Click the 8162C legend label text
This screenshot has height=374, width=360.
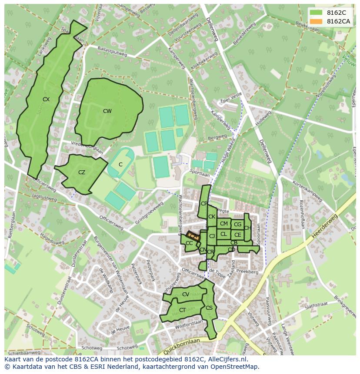(x=337, y=13)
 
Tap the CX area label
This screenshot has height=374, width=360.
(x=46, y=99)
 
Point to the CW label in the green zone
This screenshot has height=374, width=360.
(x=107, y=111)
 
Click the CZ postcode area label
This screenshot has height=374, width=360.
(x=82, y=172)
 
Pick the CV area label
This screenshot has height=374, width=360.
(x=186, y=295)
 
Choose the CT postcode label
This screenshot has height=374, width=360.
(x=183, y=310)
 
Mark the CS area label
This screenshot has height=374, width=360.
(x=209, y=308)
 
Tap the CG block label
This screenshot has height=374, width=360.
(x=237, y=225)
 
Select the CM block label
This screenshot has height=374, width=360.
(x=224, y=224)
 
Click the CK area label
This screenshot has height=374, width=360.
(x=212, y=217)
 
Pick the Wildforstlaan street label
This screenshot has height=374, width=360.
(x=189, y=324)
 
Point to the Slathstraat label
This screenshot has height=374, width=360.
(x=316, y=306)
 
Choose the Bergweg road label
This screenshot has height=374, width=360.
(x=218, y=137)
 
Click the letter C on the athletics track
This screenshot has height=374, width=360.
(x=120, y=165)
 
